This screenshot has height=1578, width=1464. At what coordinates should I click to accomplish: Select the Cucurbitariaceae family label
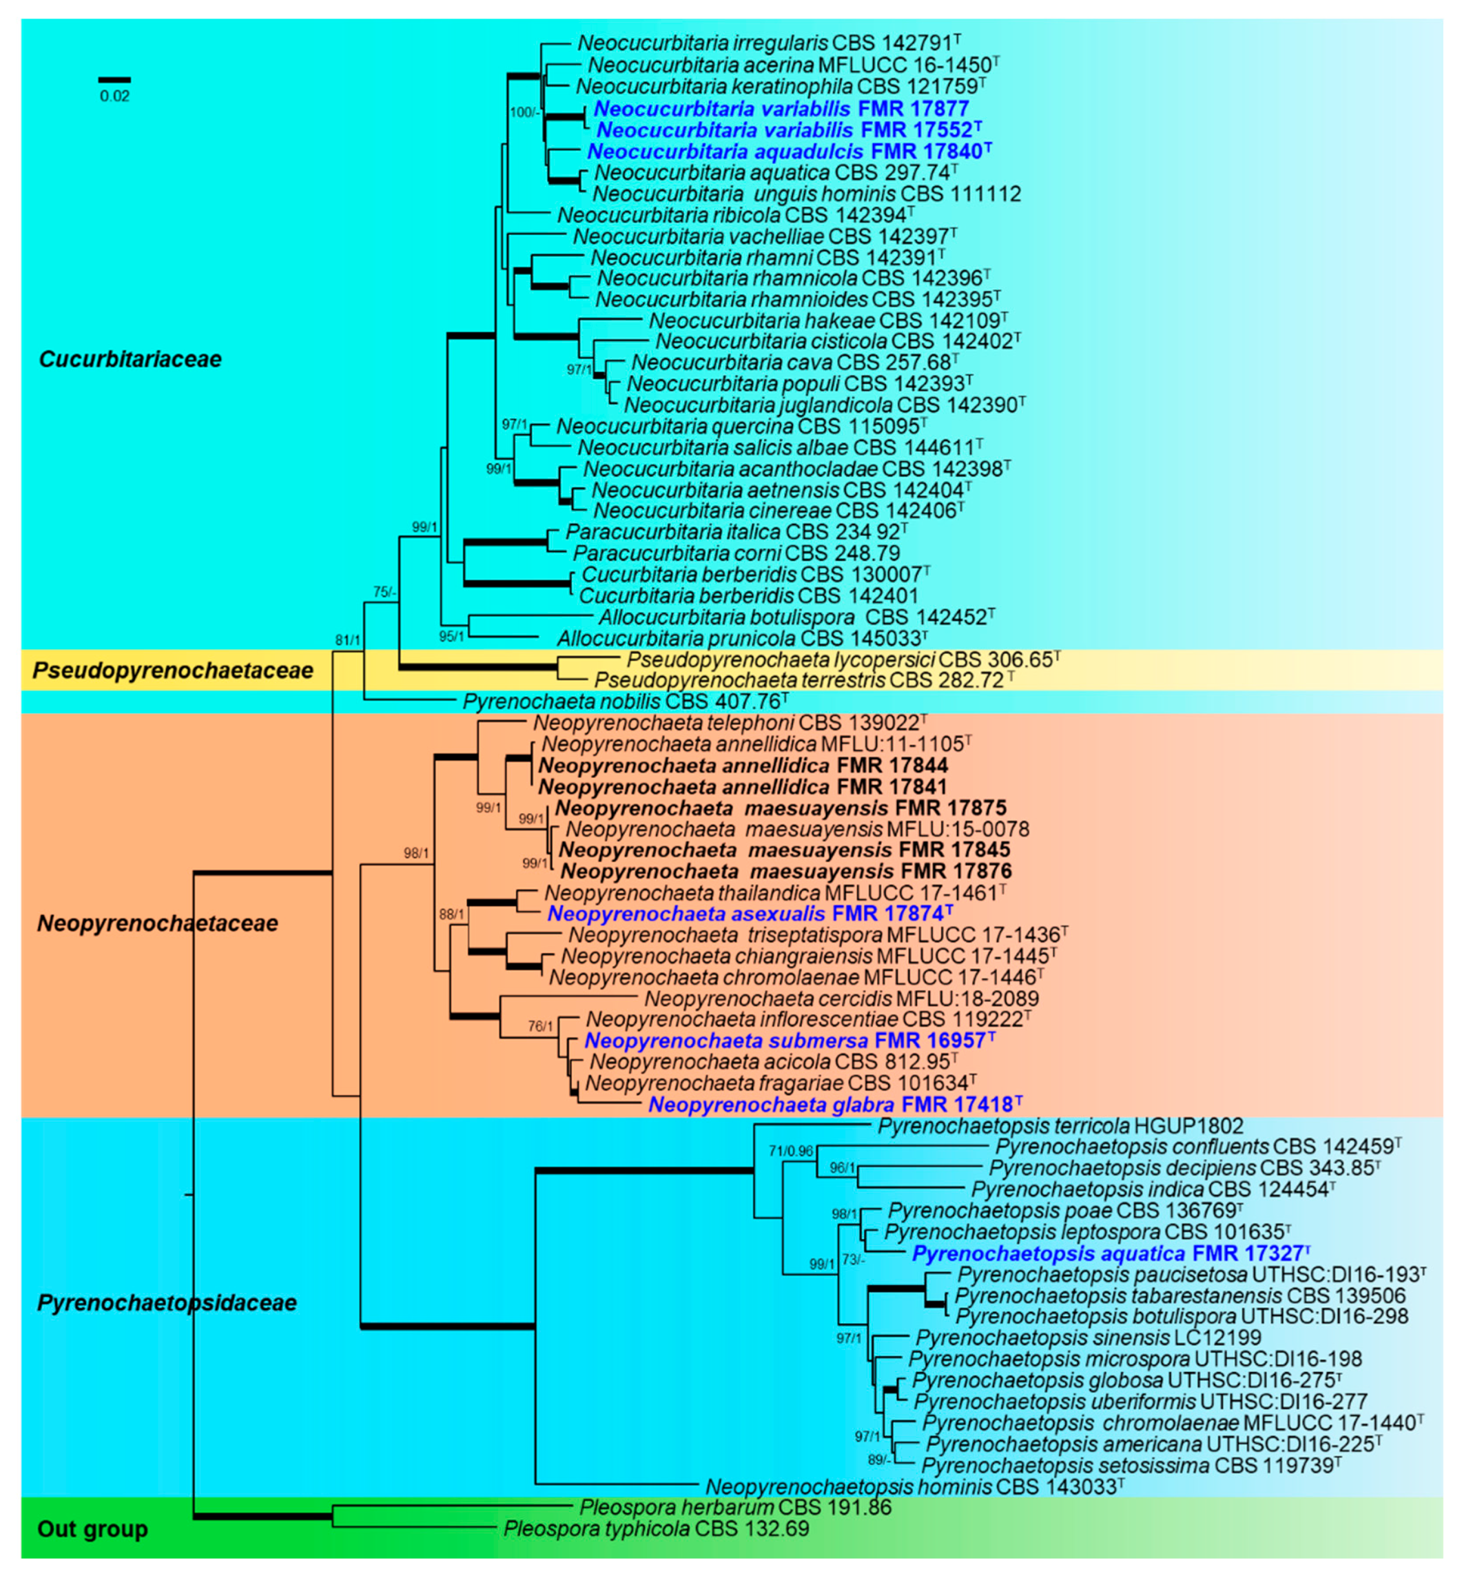[130, 359]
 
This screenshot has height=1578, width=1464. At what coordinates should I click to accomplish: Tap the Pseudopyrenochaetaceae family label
[173, 671]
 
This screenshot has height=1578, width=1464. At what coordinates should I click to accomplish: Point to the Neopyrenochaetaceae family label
[158, 924]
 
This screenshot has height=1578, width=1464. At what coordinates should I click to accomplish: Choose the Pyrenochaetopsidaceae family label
[167, 1302]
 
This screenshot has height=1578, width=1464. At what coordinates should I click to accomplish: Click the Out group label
[92, 1528]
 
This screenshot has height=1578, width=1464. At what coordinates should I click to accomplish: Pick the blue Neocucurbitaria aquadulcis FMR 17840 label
[789, 151]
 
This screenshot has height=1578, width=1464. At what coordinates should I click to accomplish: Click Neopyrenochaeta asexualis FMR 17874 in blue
[749, 914]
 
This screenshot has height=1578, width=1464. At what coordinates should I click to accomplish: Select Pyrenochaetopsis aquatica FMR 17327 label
[1110, 1253]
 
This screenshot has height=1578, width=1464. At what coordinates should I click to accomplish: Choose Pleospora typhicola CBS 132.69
[656, 1528]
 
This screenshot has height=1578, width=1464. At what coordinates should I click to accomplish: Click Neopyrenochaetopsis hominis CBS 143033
[914, 1487]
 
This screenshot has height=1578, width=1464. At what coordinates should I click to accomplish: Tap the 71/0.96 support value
[790, 1151]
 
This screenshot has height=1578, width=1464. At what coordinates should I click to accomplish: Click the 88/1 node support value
[452, 914]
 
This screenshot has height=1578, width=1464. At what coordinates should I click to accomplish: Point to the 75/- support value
[385, 592]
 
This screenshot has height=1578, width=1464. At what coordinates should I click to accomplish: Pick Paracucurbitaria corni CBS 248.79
[736, 553]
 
